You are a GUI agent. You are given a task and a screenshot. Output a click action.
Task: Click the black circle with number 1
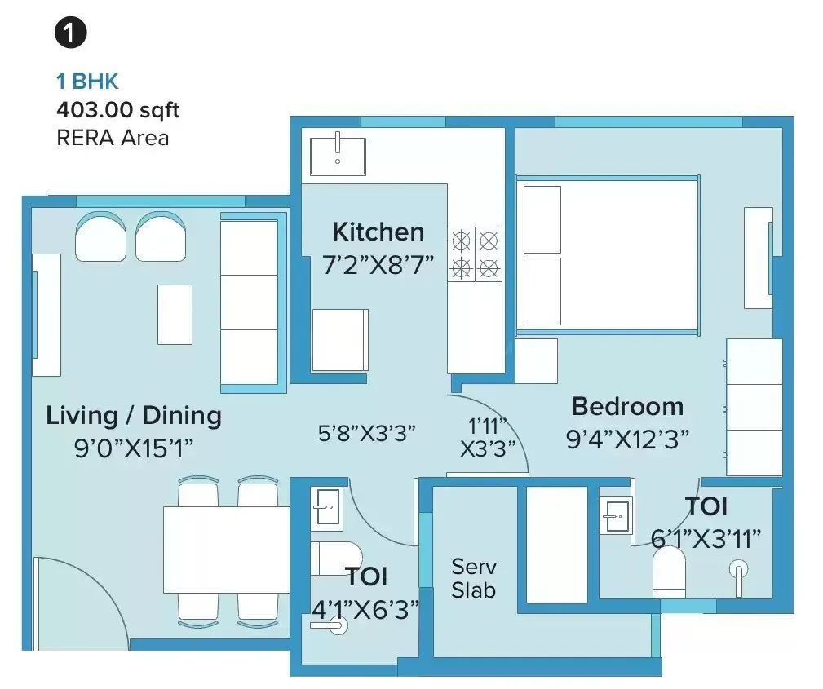tap(71, 33)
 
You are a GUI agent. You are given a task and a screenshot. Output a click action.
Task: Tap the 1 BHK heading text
tap(87, 81)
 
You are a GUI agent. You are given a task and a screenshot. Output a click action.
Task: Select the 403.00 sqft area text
tap(117, 109)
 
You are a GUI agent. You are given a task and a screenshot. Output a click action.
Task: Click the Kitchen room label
tap(378, 232)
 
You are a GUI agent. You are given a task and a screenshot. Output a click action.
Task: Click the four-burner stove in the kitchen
tap(475, 254)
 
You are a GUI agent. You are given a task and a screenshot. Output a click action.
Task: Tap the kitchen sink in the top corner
tap(337, 155)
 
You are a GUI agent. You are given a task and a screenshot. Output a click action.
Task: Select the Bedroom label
tap(626, 406)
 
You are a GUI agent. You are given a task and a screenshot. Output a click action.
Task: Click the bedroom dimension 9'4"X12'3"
tap(627, 439)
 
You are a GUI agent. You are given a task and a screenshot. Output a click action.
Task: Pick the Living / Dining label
tap(134, 415)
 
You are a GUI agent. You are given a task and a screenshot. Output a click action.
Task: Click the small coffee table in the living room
tap(175, 314)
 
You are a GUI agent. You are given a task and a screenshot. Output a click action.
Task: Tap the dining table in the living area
tap(226, 550)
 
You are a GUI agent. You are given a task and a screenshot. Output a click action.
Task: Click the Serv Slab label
tap(474, 577)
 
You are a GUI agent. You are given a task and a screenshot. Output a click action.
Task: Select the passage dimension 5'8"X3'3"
tap(367, 432)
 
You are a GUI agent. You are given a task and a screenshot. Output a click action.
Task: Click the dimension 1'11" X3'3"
tap(489, 437)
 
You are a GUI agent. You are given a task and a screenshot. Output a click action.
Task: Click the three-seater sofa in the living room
tap(250, 301)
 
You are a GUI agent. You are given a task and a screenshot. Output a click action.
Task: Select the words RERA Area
tap(113, 137)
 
